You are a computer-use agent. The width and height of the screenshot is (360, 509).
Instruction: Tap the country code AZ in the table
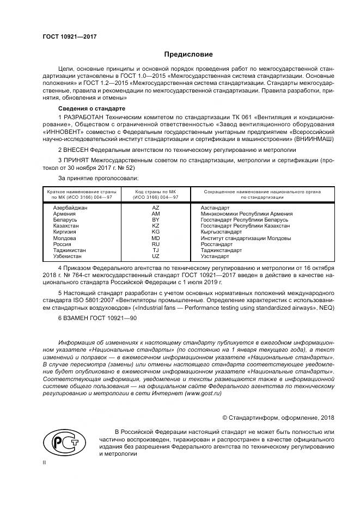coord(156,208)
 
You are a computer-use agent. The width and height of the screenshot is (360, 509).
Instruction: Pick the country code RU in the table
coord(156,244)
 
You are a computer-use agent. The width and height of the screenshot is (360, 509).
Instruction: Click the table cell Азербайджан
coord(70,208)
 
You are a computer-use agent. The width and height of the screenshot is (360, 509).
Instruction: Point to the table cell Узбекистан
coord(67,256)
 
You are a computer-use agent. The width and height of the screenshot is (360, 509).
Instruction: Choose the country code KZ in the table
coord(156,226)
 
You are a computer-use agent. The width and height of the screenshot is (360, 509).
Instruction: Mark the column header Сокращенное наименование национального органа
coord(262,192)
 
